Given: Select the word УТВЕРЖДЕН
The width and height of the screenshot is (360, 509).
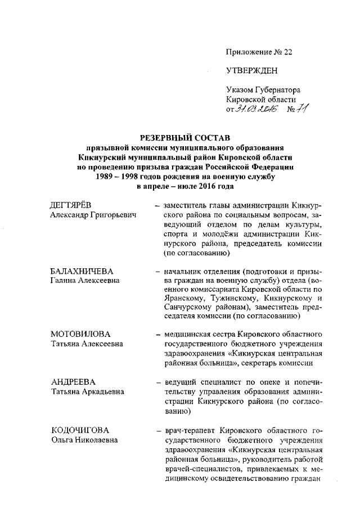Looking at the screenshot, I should pyautogui.click(x=251, y=71).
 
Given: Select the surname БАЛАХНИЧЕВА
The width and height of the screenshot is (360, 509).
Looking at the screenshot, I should pyautogui.click(x=78, y=271).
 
